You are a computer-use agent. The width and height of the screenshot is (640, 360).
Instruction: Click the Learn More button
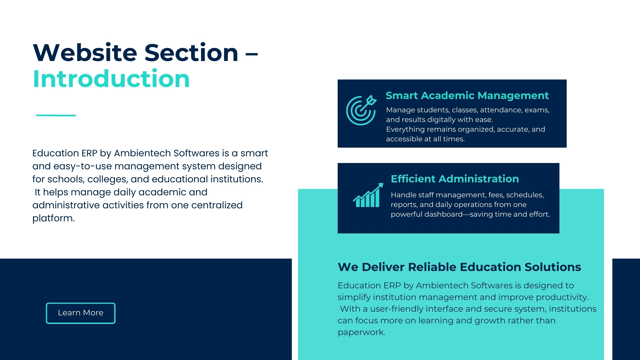pyautogui.click(x=81, y=313)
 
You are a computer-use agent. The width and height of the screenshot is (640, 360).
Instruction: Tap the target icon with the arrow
pyautogui.click(x=361, y=110)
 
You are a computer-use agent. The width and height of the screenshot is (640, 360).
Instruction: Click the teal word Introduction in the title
pyautogui.click(x=111, y=79)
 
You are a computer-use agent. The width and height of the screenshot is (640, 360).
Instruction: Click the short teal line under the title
pyautogui.click(x=56, y=115)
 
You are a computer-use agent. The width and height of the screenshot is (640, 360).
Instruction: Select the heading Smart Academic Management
pyautogui.click(x=467, y=96)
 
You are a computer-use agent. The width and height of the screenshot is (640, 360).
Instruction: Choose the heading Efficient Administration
pyautogui.click(x=455, y=179)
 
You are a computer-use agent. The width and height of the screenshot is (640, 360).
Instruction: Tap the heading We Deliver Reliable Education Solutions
pyautogui.click(x=459, y=267)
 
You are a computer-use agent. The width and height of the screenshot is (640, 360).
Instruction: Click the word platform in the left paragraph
pyautogui.click(x=53, y=218)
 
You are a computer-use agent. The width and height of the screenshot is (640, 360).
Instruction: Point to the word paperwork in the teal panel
pyautogui.click(x=361, y=332)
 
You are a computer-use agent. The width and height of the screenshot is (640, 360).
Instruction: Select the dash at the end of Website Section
pyautogui.click(x=252, y=53)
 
